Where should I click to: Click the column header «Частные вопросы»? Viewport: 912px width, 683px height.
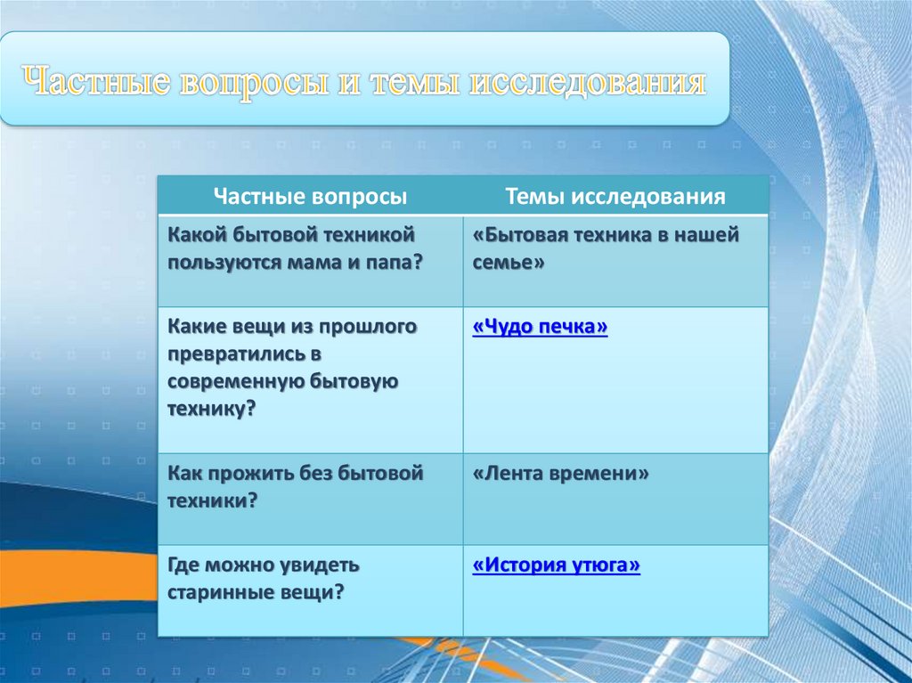(310, 197)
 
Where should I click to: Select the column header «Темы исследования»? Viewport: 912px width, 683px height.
(615, 197)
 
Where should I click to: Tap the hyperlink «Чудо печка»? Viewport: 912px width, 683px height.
(540, 327)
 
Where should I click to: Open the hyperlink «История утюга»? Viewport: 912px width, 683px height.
(556, 565)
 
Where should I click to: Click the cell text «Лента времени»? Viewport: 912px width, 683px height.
(560, 473)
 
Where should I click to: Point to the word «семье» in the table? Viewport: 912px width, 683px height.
(509, 263)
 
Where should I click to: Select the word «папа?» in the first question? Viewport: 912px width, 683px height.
(393, 264)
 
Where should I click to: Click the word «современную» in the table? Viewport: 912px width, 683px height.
(235, 382)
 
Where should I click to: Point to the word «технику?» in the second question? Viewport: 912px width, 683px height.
(212, 409)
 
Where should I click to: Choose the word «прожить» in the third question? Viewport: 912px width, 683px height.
(250, 474)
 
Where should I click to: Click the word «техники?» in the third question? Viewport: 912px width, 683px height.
(212, 501)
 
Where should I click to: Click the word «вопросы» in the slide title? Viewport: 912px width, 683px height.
(255, 82)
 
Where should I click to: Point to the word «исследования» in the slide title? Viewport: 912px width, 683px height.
(587, 82)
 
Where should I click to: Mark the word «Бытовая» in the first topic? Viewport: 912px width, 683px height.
(519, 235)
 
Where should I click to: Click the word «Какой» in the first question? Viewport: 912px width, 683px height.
(197, 235)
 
